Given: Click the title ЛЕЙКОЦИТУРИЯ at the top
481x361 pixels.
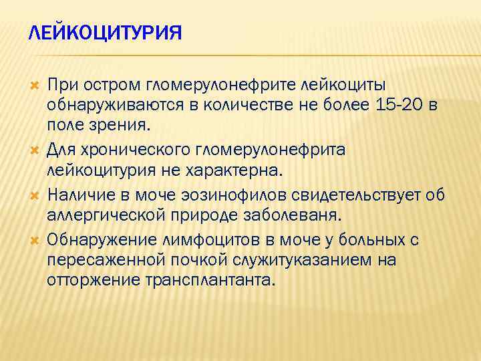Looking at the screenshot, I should [106, 33].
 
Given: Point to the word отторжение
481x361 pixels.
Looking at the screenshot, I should [93, 280].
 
